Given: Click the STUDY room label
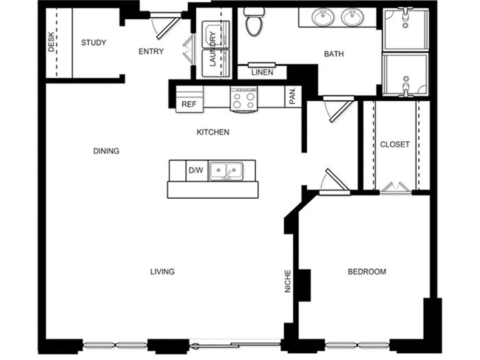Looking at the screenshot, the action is click(94, 43).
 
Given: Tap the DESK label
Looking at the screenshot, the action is click(51, 42).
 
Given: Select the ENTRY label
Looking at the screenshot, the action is click(151, 51).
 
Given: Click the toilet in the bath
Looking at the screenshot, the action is click(254, 22).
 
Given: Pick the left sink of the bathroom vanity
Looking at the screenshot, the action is click(323, 17).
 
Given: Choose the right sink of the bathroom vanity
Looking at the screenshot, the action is click(352, 17).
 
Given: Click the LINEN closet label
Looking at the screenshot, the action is click(263, 73).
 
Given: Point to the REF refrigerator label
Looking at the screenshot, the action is click(189, 104).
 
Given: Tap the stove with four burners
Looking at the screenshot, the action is click(243, 99).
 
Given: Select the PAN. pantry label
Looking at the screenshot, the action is click(293, 95).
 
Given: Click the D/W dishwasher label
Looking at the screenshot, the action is click(196, 170).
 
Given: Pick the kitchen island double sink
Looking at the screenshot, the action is click(226, 171).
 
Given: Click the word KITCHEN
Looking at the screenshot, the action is click(213, 132).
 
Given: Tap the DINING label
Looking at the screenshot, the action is click(106, 151).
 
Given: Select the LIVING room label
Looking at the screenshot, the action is click(163, 272).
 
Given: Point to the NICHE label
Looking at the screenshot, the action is click(288, 281).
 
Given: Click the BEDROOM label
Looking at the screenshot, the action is click(367, 272).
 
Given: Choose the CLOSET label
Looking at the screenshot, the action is click(394, 144).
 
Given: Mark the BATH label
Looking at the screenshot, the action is click(334, 54).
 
